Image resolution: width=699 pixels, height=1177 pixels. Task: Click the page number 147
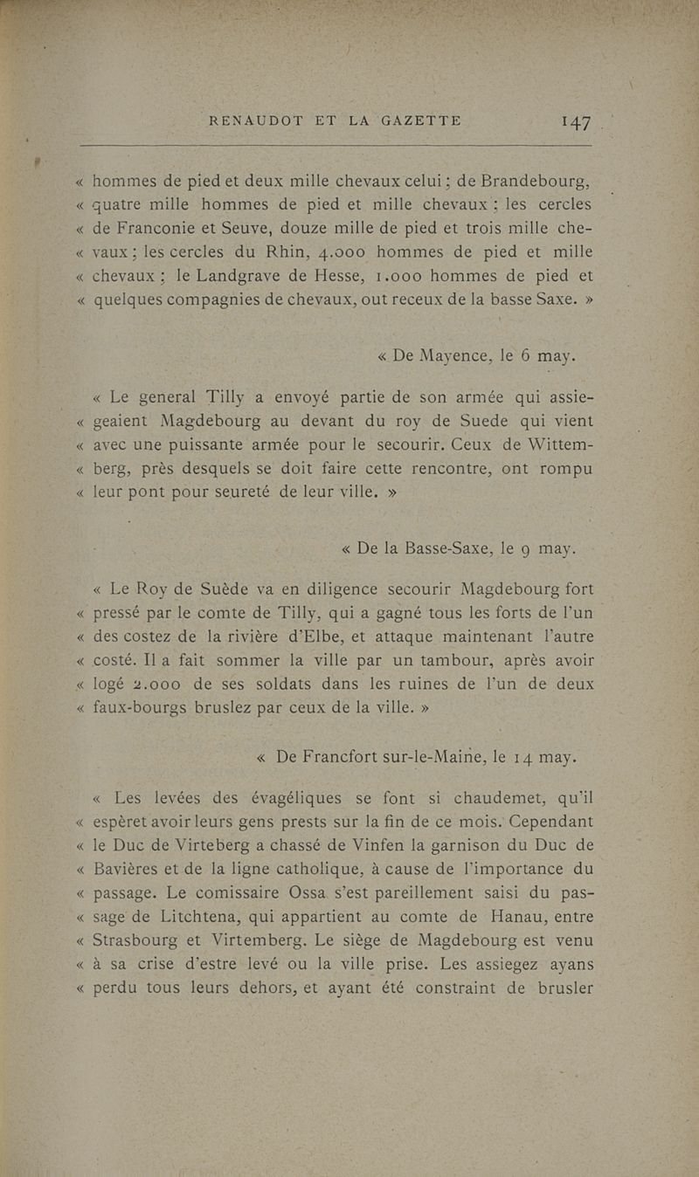point(577,122)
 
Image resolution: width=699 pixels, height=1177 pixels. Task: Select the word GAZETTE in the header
point(418,120)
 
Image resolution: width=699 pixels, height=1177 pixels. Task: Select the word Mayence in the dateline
point(449,356)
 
